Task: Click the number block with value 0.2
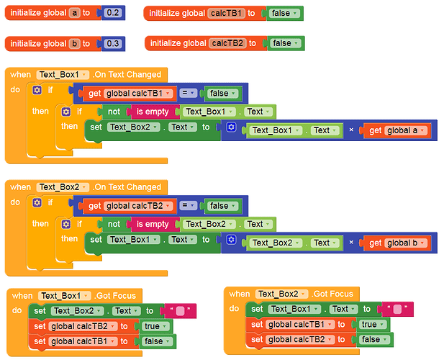click(x=113, y=13)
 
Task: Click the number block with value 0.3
click(x=113, y=44)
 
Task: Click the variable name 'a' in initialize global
click(x=74, y=13)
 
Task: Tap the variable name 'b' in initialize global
click(x=74, y=44)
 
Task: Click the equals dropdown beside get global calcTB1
click(x=188, y=93)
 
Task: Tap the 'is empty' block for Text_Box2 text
click(x=153, y=225)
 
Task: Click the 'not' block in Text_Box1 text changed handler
click(x=114, y=112)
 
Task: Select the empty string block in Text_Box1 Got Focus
click(x=180, y=311)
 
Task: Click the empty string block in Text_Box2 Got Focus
click(x=397, y=309)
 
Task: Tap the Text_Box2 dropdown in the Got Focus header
click(x=281, y=294)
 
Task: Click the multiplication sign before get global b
click(x=351, y=243)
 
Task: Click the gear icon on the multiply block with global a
click(x=231, y=127)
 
